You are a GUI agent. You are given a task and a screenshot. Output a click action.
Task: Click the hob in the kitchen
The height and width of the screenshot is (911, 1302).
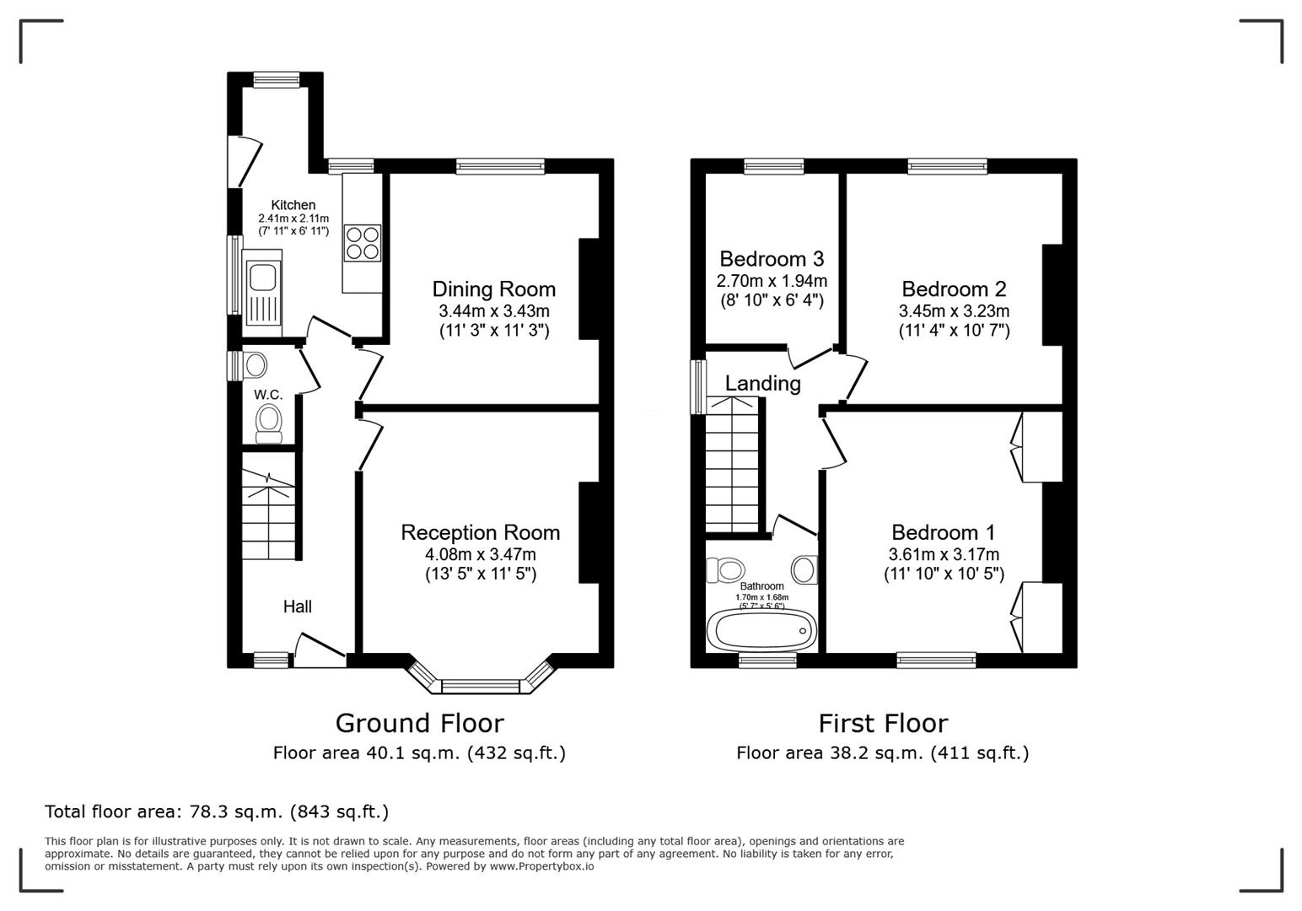[363, 242]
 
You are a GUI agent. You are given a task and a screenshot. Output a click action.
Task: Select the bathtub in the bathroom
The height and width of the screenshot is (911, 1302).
[761, 631]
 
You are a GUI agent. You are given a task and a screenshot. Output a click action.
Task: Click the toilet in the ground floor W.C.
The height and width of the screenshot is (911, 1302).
[268, 423]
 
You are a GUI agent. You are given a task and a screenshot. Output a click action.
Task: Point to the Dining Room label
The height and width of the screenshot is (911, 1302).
[493, 289]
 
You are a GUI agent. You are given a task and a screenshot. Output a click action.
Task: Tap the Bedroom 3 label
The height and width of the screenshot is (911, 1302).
[772, 258]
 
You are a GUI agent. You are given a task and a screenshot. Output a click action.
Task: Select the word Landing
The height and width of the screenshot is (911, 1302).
[762, 383]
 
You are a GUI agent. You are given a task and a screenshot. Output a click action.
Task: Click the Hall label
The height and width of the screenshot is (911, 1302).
[297, 606]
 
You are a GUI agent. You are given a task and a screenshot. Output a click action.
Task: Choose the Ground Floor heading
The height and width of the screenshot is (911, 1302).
[420, 723]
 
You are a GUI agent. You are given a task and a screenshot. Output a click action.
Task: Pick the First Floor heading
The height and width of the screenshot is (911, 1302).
[883, 723]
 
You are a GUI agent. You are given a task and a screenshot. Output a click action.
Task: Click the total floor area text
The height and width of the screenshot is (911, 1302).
[217, 811]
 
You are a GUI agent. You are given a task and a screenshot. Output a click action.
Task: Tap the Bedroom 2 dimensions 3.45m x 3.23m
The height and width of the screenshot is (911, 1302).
[954, 310]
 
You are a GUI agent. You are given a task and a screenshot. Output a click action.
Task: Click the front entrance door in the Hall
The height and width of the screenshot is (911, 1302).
[320, 650]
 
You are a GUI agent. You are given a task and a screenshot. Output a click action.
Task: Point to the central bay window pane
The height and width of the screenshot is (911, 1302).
[480, 686]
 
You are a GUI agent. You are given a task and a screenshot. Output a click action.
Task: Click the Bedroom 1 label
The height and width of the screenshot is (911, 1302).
[943, 532]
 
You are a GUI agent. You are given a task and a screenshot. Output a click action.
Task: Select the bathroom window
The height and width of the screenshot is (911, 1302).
[767, 660]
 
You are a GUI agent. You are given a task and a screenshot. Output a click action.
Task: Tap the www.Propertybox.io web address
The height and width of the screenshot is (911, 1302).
[541, 866]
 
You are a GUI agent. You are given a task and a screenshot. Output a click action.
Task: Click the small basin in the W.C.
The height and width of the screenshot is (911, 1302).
[256, 366]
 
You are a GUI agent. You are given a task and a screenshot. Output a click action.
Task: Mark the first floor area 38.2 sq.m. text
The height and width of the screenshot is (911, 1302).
[882, 753]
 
